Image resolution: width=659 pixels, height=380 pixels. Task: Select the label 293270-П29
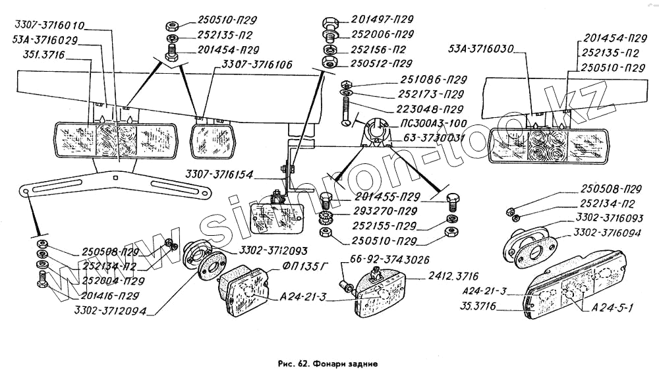click(x=385, y=211)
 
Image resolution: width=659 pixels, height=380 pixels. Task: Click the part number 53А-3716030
click(x=482, y=48)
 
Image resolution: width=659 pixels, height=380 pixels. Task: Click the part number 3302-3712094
click(x=110, y=311)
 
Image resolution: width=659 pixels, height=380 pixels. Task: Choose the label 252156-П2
click(x=378, y=49)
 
